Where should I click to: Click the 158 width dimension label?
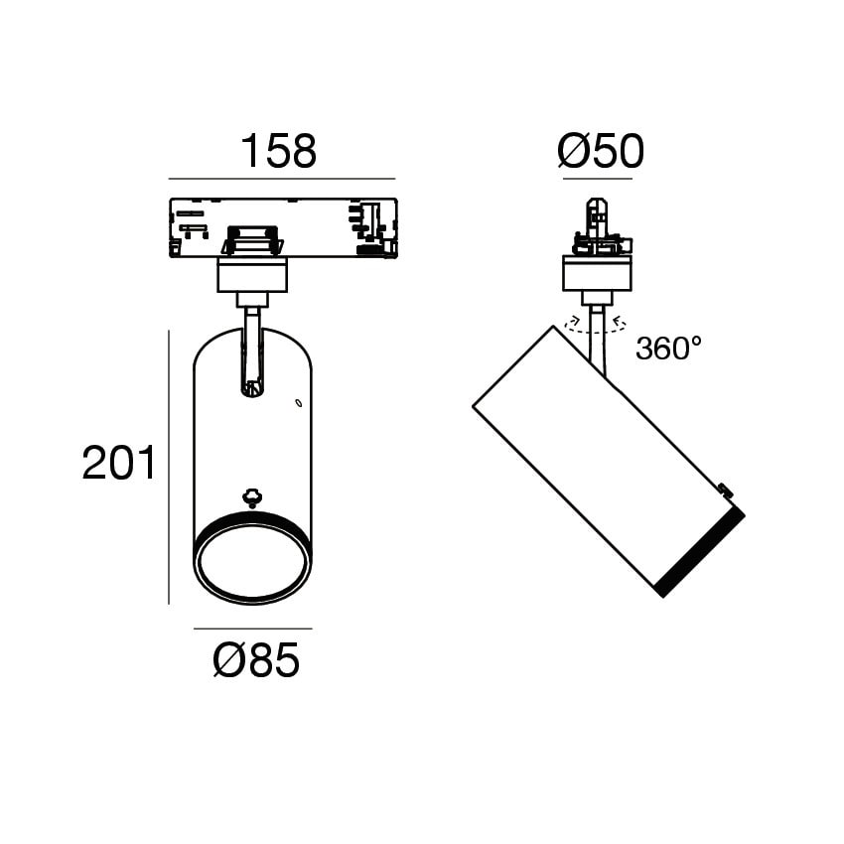click(x=278, y=151)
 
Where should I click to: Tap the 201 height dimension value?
click(x=119, y=463)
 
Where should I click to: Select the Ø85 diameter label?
click(x=256, y=660)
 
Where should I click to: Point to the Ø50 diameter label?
click(x=600, y=151)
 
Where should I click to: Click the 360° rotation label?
click(x=669, y=348)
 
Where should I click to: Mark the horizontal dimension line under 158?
click(x=282, y=179)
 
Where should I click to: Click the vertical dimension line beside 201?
click(x=169, y=468)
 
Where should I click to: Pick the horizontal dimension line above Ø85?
click(x=253, y=629)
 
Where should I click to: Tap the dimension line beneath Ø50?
click(x=598, y=179)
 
